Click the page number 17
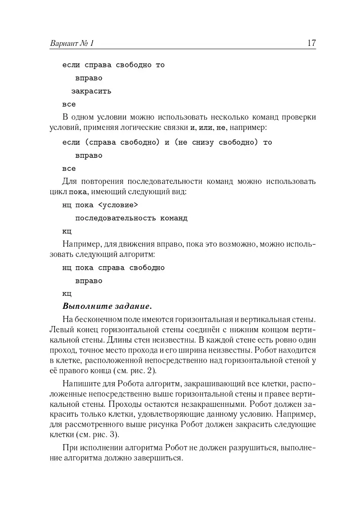tap(311, 43)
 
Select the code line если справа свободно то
tap(113, 65)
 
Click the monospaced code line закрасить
tap(91, 91)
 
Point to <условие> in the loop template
tap(117, 205)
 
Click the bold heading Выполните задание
tap(107, 307)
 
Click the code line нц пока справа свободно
tap(113, 268)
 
